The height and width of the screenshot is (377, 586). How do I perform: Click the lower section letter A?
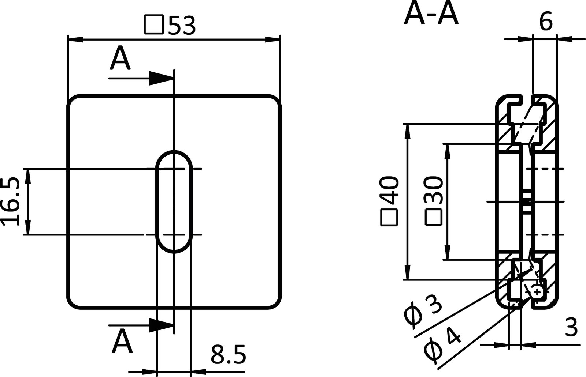(x=122, y=341)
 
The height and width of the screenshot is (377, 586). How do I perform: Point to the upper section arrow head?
(x=161, y=78)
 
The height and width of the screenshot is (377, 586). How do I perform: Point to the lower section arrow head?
(x=161, y=325)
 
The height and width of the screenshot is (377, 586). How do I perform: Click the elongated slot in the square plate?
(x=175, y=201)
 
